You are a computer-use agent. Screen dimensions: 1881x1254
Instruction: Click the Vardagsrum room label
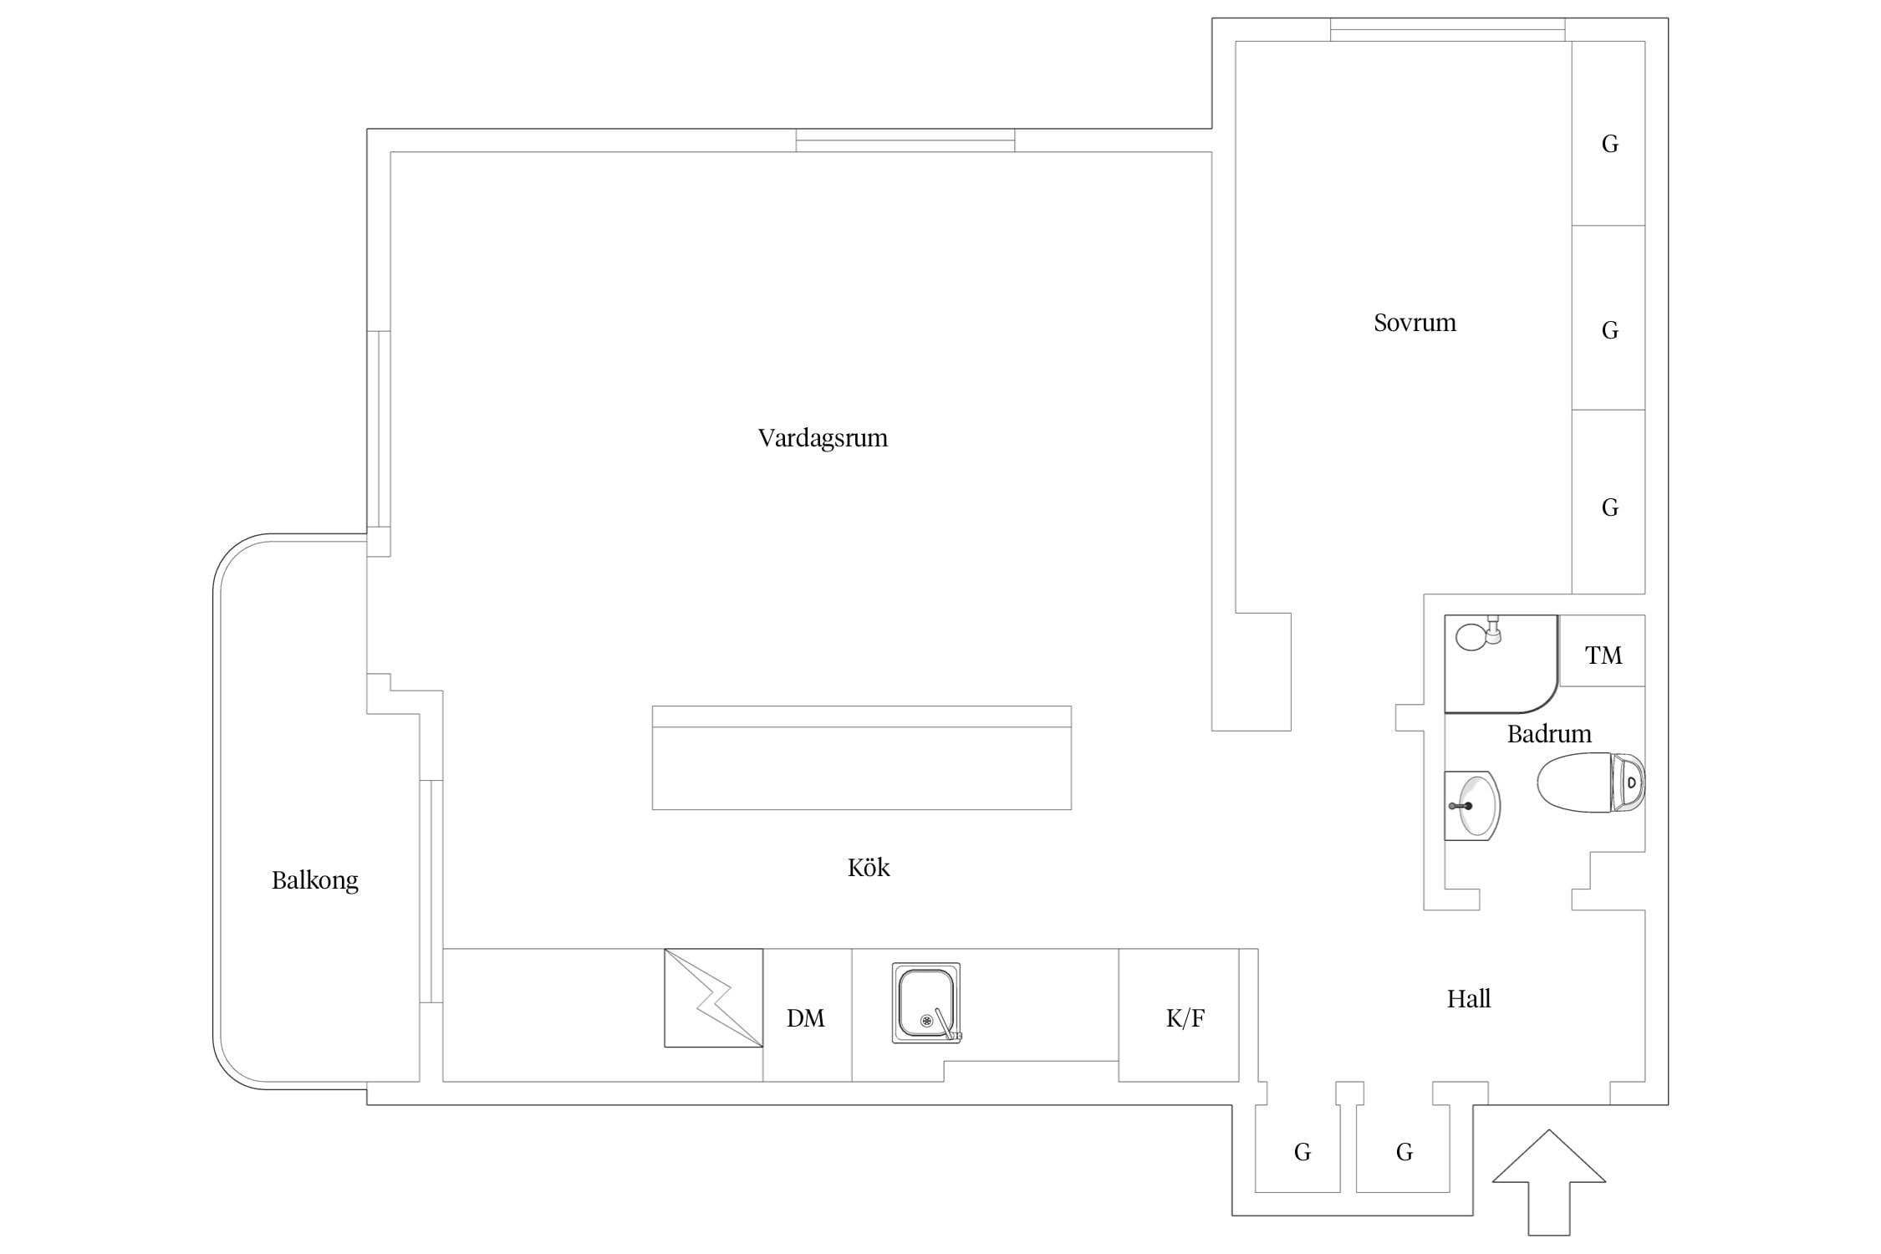(x=823, y=439)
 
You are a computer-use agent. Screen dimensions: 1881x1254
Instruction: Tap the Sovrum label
(x=1415, y=323)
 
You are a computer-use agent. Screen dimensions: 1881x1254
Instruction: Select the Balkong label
(x=315, y=880)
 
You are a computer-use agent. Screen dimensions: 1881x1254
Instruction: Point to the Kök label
(x=869, y=867)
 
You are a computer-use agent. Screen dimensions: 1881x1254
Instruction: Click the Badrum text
(x=1549, y=734)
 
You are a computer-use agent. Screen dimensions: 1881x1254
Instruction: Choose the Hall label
(x=1469, y=998)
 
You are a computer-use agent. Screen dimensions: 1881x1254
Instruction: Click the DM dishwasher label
(x=806, y=1018)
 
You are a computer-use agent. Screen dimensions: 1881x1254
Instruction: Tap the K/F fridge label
(x=1185, y=1018)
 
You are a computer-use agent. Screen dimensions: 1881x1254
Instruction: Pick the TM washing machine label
(x=1603, y=655)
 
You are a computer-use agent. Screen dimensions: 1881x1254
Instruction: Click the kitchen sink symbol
(x=926, y=1002)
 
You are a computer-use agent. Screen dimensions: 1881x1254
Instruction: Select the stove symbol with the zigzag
(x=714, y=997)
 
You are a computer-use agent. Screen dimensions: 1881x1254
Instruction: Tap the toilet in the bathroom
(x=1591, y=782)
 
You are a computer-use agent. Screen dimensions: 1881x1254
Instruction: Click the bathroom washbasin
(x=1472, y=805)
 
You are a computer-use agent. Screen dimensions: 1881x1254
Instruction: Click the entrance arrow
(x=1549, y=1182)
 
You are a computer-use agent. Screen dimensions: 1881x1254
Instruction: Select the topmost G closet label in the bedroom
(x=1609, y=145)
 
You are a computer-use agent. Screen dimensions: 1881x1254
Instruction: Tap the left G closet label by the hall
(x=1302, y=1153)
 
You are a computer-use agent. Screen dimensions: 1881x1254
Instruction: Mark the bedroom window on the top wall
(x=1448, y=29)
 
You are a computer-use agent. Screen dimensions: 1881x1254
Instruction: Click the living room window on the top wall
(x=905, y=140)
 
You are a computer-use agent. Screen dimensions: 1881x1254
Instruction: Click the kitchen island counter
(x=862, y=757)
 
